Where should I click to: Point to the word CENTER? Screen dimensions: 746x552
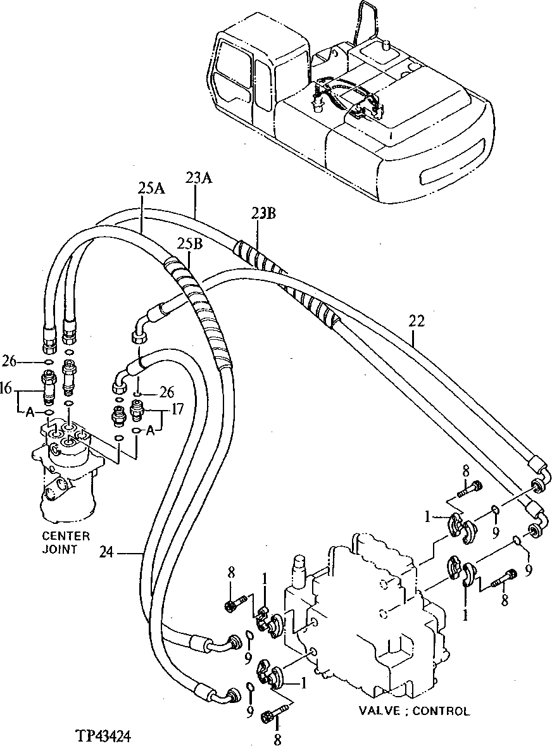[x=66, y=536]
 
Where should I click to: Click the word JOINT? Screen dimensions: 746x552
[x=60, y=549]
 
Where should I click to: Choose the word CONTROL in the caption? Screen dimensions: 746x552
[x=441, y=711]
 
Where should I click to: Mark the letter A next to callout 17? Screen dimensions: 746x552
[x=150, y=431]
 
